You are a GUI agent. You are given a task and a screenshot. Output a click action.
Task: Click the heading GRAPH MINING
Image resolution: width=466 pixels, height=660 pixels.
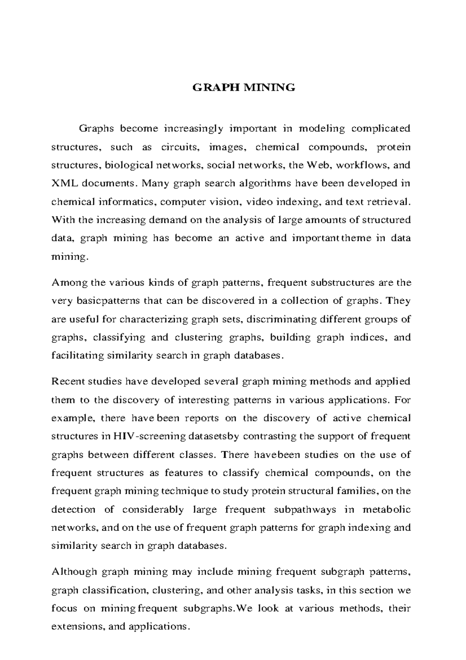click(244, 87)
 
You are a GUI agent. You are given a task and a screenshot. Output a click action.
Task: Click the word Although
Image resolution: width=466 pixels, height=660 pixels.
click(74, 572)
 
